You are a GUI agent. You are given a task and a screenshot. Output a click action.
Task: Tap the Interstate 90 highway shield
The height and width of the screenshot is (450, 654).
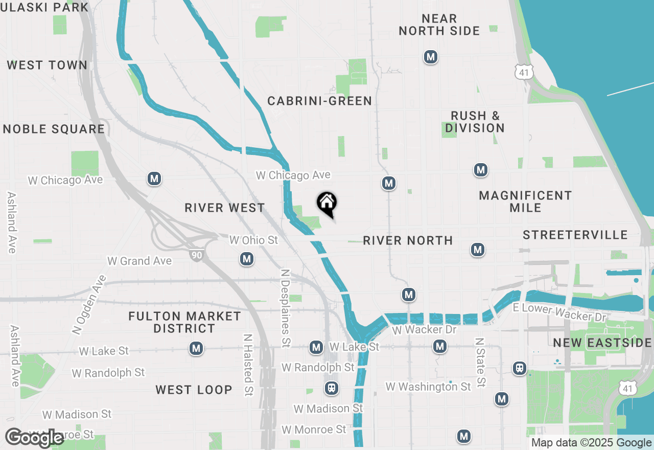(x=196, y=254)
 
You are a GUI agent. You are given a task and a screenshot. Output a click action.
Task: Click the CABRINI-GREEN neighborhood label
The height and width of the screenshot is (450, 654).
(x=320, y=101)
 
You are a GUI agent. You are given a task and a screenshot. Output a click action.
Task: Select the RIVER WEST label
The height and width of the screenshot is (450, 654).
(x=225, y=208)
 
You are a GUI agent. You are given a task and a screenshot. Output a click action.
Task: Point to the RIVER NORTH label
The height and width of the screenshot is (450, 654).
(x=408, y=240)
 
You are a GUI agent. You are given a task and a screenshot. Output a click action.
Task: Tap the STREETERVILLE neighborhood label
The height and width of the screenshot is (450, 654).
(x=575, y=235)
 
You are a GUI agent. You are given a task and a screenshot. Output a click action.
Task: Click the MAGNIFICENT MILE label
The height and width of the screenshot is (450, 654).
(x=525, y=201)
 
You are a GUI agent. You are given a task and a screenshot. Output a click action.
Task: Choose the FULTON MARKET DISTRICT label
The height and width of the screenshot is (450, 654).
(x=184, y=322)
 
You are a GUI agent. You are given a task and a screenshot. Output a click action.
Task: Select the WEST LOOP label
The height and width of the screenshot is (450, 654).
(x=194, y=390)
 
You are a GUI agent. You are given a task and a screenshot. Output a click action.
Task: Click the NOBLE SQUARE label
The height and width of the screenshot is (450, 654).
(x=54, y=129)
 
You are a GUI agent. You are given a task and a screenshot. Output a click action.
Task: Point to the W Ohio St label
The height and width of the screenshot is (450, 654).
(x=253, y=240)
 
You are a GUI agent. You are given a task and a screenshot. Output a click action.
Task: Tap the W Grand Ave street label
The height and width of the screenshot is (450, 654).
(x=139, y=261)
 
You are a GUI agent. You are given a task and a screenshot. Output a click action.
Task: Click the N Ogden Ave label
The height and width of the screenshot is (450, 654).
(x=89, y=305)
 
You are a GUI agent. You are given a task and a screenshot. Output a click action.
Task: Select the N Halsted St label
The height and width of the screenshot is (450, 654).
(x=248, y=365)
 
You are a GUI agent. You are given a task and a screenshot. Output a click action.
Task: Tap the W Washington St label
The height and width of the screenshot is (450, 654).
(x=428, y=387)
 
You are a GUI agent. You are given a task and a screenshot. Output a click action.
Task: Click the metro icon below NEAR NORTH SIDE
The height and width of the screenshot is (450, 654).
(x=431, y=57)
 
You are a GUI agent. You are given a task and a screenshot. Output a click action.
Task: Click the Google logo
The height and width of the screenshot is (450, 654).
(x=34, y=438)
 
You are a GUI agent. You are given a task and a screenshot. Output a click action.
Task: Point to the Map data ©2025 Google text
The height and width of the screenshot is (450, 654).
(x=591, y=443)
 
